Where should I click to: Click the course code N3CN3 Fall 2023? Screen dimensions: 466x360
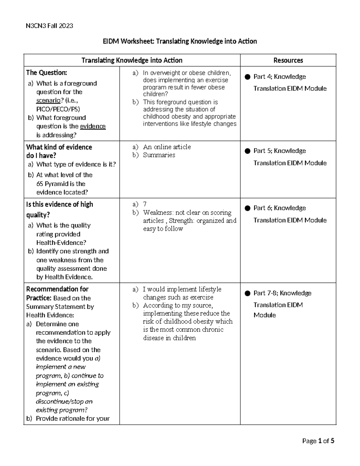pos(49,26)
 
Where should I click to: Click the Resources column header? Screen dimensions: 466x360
pos(288,60)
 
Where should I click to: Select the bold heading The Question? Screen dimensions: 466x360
pos(46,73)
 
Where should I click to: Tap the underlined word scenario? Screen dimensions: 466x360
pos(48,101)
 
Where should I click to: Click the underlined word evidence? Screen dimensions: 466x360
pos(93,126)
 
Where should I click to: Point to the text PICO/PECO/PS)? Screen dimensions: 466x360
pos(58,109)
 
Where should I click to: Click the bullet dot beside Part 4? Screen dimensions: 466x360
pos(247,77)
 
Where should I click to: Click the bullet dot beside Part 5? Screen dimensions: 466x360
pos(247,151)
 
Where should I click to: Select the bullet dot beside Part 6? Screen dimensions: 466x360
pos(247,208)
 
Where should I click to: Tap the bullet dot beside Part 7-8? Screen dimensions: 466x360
pos(247,293)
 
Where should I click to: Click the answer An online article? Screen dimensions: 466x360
pos(167,147)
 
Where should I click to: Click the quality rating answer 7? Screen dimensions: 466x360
pos(145,204)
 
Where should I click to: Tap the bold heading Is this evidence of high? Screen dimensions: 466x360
pos(59,204)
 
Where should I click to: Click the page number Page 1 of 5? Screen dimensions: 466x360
pos(318,441)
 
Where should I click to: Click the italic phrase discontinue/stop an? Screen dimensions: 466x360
pos(64,401)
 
